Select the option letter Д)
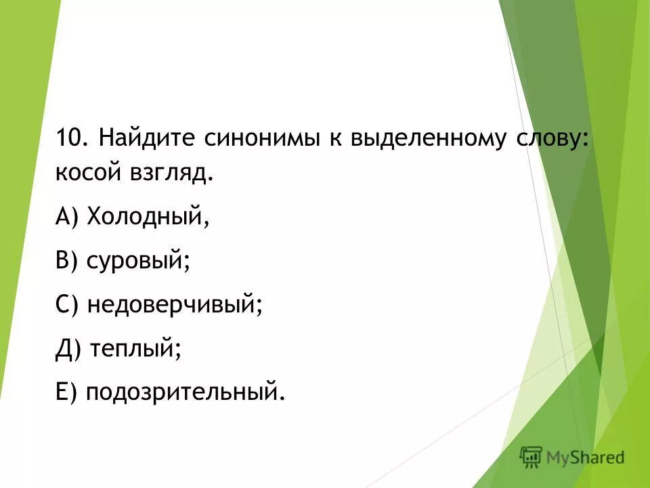click(70, 350)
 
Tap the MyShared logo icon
click(532, 457)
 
